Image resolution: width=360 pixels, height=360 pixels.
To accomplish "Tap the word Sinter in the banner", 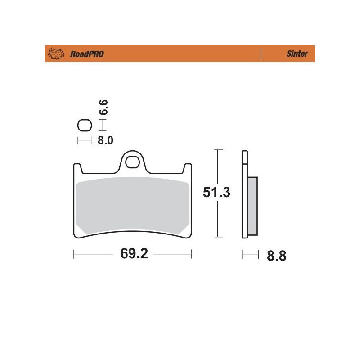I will tap(297, 54).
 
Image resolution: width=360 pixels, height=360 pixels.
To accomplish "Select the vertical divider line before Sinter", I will tap(261, 54).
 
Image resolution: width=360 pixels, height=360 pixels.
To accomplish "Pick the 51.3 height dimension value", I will tap(216, 193).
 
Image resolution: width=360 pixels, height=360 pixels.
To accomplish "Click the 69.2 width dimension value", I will tap(134, 254).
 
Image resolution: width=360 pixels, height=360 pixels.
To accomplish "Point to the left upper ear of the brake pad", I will tap(77, 167).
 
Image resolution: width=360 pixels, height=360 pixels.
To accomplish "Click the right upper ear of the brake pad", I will tap(187, 167).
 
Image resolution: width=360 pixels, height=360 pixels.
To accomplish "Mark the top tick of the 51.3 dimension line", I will tap(218, 149).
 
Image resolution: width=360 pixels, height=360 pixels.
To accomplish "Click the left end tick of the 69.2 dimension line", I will tap(73, 255).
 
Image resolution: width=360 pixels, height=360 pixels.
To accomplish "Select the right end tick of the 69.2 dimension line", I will tap(192, 255).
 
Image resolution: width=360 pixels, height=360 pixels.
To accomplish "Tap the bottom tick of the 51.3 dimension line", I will tap(218, 237).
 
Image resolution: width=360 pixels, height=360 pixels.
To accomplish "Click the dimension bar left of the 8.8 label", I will tap(251, 255).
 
